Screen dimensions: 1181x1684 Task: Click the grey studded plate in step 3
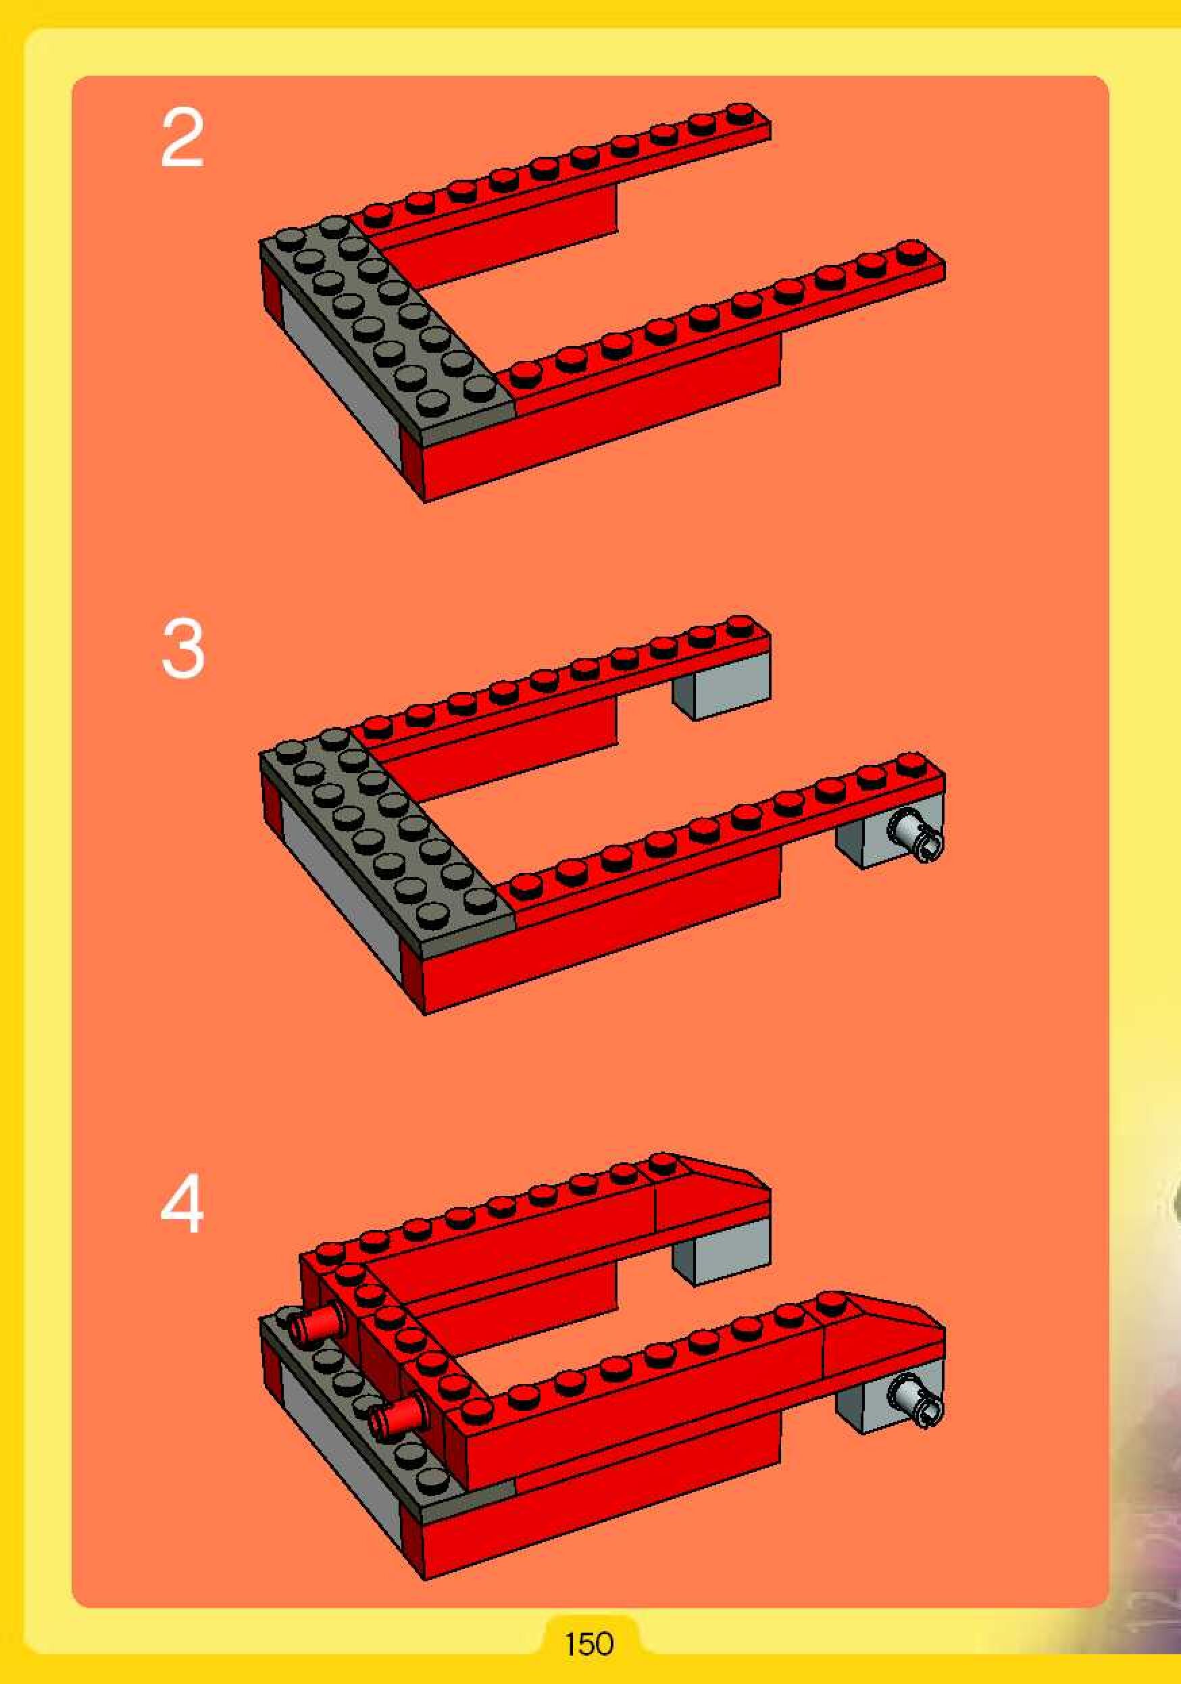(387, 843)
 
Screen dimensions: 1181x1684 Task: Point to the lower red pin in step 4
(398, 1417)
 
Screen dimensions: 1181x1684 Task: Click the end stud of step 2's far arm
(741, 112)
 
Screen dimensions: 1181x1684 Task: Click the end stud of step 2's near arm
(911, 249)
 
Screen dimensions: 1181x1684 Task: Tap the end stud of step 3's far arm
(741, 625)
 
